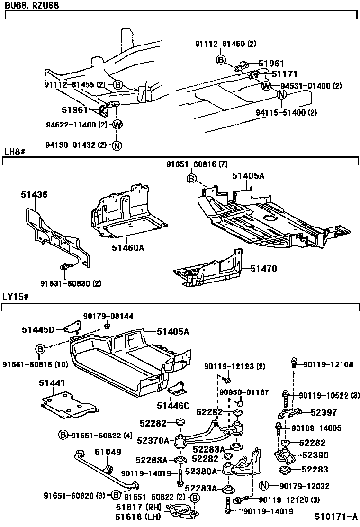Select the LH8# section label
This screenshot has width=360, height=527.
[14, 152]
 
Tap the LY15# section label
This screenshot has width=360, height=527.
[16, 297]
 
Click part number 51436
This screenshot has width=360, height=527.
[34, 195]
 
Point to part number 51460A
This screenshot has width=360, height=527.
[128, 247]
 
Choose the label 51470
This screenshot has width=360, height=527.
[263, 269]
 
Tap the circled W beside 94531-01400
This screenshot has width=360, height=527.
[266, 86]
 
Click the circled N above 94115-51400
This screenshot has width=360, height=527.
[281, 94]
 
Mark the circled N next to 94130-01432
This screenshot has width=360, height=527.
[117, 145]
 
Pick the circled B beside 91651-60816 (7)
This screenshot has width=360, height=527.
[191, 179]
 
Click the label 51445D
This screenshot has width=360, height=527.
[38, 328]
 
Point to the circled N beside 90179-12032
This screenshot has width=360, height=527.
[264, 486]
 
